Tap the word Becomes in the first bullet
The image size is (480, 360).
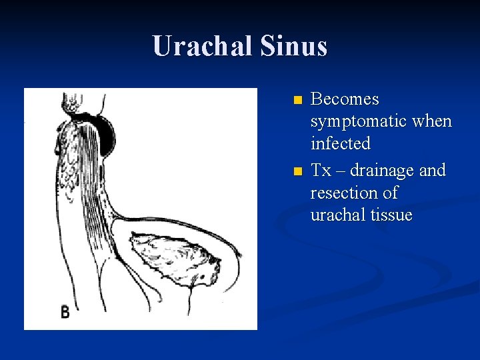pos(345,99)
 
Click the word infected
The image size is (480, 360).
pos(340,143)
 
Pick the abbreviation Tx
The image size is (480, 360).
pos(321,171)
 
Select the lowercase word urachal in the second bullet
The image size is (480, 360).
pos(337,215)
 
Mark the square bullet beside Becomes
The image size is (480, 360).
pos(297,101)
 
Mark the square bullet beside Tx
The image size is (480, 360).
pos(297,172)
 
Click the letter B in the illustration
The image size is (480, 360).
pos(65,311)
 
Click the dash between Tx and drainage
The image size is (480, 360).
pos(341,171)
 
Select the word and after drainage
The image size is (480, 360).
pos(433,171)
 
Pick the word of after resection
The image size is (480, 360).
pos(391,193)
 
